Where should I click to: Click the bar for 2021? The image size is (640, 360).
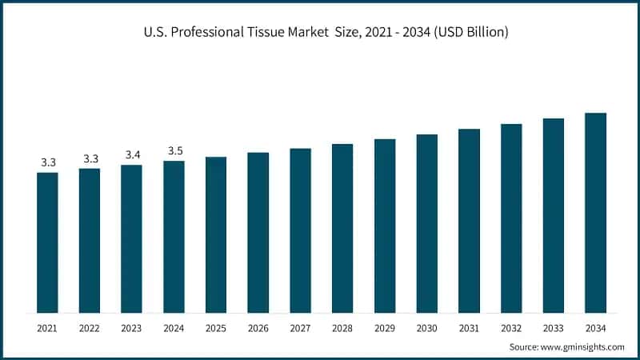[47, 242]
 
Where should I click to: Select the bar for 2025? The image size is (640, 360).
[216, 234]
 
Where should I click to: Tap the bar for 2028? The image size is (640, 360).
[342, 228]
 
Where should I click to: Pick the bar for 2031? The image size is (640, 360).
[469, 221]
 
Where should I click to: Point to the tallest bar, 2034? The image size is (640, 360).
[595, 213]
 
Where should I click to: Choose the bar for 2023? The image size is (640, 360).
[131, 238]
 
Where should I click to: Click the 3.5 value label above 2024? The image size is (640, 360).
[174, 150]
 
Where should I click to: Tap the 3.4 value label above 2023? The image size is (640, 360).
[131, 154]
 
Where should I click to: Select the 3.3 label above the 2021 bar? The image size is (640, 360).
[47, 162]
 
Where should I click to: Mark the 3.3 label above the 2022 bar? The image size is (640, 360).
[90, 158]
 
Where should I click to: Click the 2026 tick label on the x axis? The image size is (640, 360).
[258, 327]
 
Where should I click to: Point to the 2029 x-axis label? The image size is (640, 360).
[385, 327]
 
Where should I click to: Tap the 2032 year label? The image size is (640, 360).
[511, 327]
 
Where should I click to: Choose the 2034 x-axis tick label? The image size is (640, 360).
[595, 327]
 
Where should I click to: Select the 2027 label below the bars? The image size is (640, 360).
[300, 327]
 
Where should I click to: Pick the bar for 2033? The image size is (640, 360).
[554, 215]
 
